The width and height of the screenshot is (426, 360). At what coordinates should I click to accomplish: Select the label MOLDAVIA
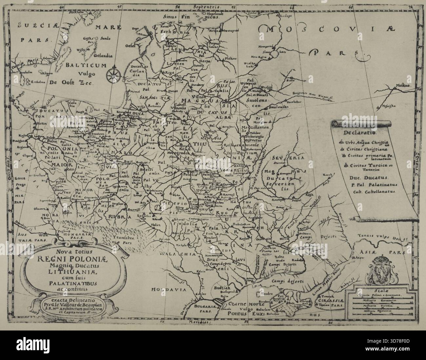coord(169,290)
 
